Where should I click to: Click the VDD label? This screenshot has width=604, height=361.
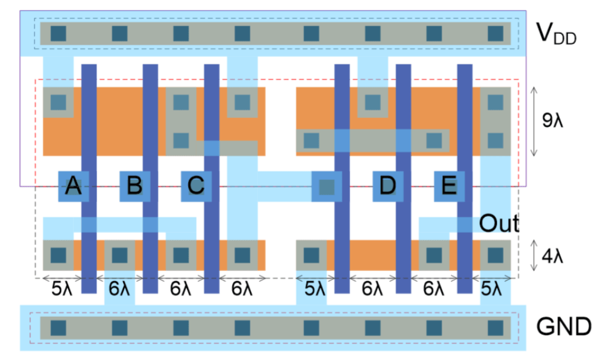559,35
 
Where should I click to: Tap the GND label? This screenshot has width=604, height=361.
563,326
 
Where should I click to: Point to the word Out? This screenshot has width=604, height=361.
499,223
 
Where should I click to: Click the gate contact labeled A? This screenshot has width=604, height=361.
73,186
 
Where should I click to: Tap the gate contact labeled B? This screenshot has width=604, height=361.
134,186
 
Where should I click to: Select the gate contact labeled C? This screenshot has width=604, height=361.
196,186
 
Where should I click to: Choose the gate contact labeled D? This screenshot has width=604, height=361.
387,186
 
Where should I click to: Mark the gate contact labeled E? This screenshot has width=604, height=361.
448,186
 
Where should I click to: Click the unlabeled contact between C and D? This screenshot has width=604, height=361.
326,186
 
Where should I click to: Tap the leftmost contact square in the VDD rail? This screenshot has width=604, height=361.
58,33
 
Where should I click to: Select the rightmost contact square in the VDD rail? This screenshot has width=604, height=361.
495,33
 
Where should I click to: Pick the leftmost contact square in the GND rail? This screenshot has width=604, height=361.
58,327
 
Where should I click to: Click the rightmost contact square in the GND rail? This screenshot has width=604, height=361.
495,327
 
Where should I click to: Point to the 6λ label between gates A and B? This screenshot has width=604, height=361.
119,289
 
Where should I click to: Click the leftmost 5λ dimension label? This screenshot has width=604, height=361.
57,289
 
